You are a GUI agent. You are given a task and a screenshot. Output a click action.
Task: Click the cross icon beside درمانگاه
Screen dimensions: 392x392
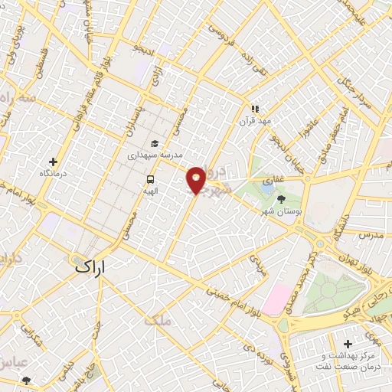(x=53, y=162)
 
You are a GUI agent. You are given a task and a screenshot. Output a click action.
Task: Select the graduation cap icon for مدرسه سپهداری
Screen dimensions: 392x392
(x=155, y=143)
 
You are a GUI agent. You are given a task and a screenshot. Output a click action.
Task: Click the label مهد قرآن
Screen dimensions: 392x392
(x=254, y=122)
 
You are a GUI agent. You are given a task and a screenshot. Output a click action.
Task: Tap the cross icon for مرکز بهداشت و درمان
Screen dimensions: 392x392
(x=348, y=344)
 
